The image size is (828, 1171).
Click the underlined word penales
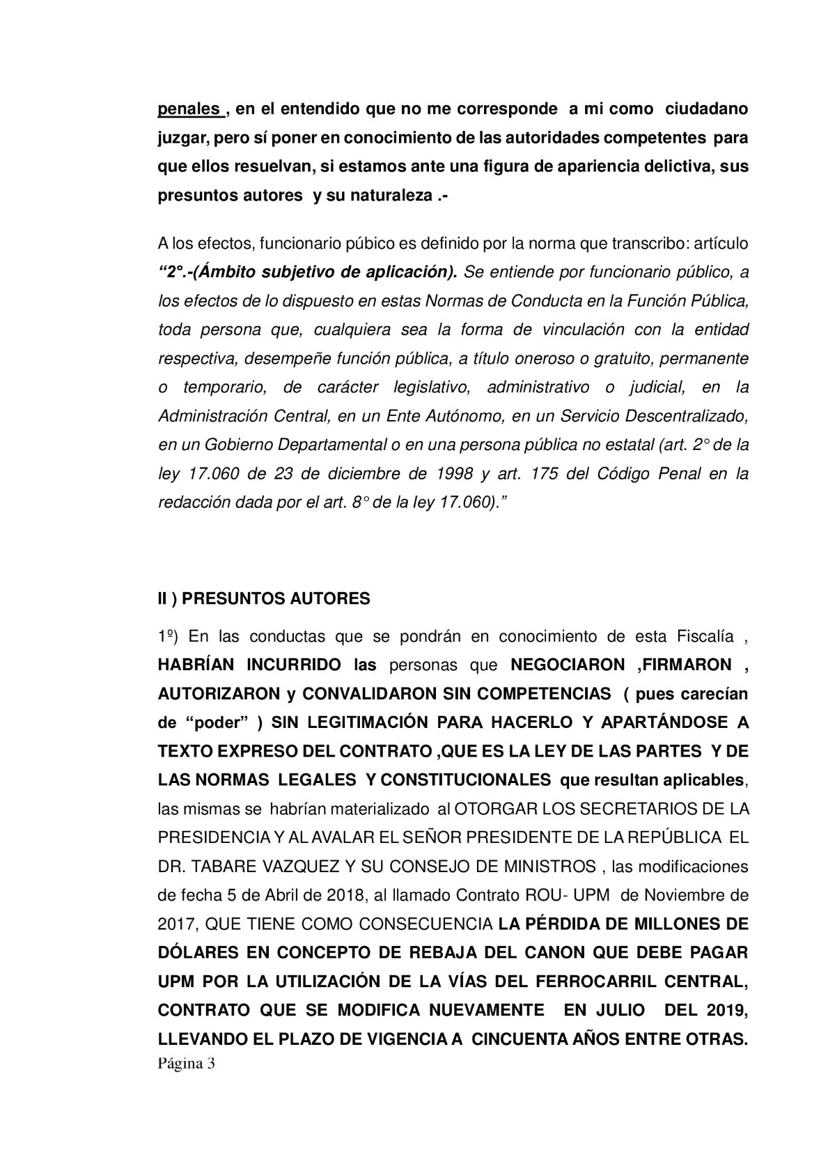tap(189, 109)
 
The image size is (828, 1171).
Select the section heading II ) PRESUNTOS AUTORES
tap(264, 599)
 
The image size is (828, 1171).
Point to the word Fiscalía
tap(705, 636)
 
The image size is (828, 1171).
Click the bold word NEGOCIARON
tap(568, 665)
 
